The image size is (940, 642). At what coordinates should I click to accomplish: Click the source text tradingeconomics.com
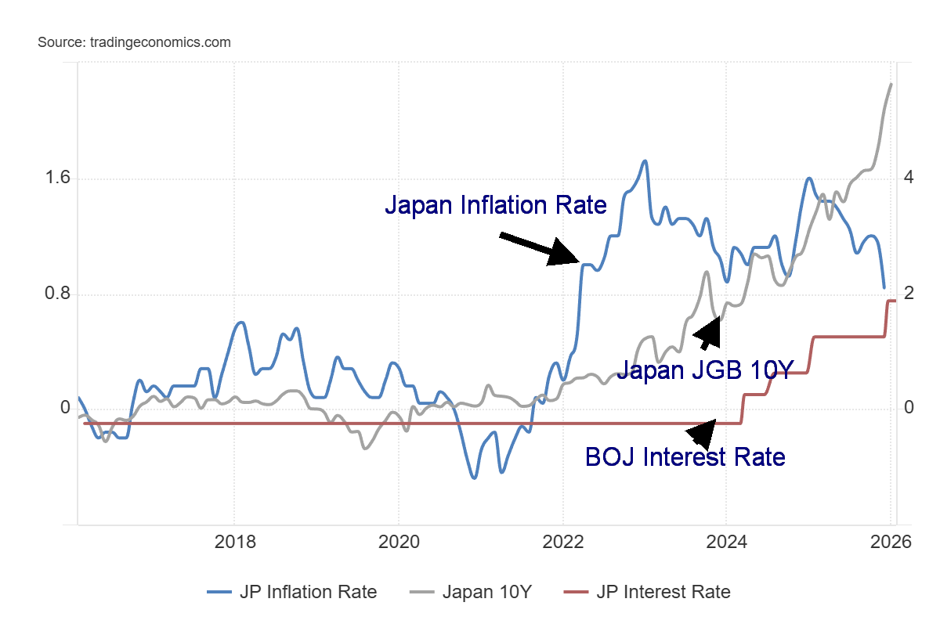tap(134, 42)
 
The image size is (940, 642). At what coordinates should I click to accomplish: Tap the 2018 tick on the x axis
tap(233, 542)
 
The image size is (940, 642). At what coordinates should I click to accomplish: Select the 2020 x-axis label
tap(398, 542)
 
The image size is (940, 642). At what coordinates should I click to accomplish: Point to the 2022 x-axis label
tap(562, 542)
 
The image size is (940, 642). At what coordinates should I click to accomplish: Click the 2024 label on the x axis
tap(726, 542)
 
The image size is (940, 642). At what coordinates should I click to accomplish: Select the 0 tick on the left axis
tap(65, 409)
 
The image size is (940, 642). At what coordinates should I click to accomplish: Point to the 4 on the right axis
tap(909, 178)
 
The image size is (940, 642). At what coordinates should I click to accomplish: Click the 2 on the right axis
tap(909, 294)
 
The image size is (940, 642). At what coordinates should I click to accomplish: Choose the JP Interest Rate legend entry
tap(647, 592)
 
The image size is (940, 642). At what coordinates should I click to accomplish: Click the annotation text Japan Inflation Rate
tap(495, 205)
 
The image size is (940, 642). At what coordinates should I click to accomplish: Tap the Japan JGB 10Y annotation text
tap(705, 369)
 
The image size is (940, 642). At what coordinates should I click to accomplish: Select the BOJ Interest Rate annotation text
tap(685, 456)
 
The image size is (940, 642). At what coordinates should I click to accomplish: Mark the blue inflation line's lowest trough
tap(474, 477)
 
